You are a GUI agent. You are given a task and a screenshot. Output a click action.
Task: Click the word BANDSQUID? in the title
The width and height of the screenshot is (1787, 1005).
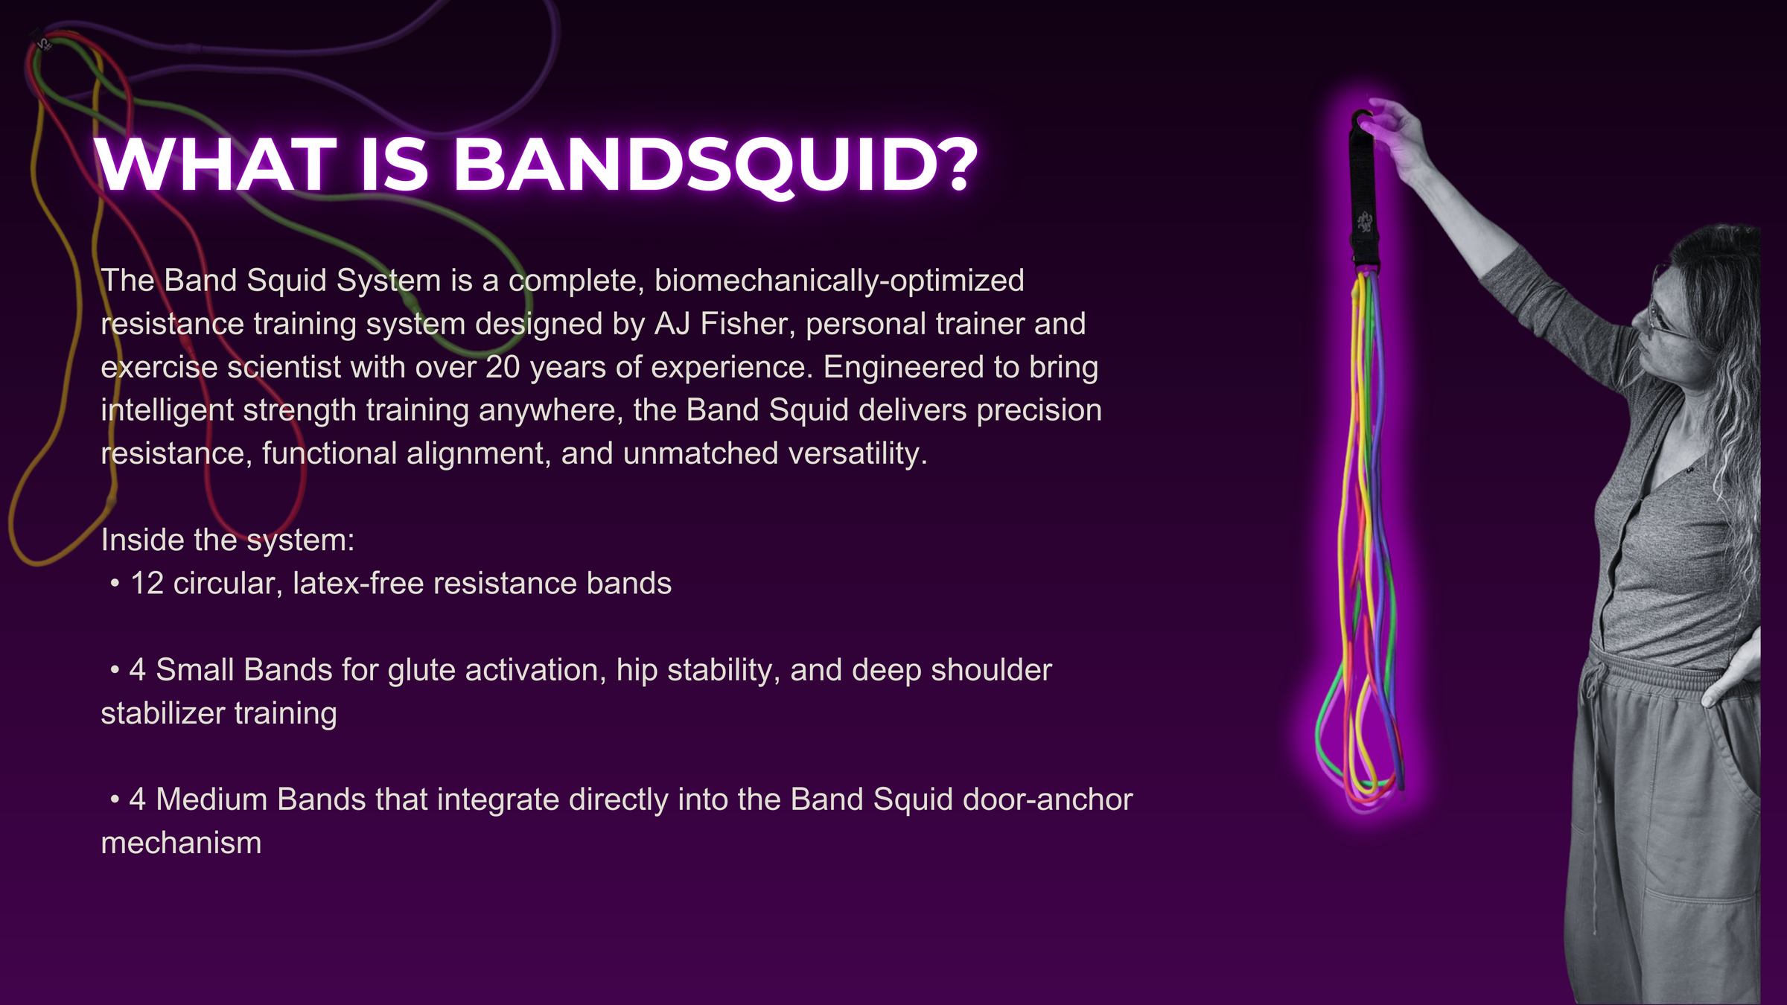tap(715, 166)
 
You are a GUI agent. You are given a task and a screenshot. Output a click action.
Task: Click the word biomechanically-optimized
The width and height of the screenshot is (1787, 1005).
tap(839, 281)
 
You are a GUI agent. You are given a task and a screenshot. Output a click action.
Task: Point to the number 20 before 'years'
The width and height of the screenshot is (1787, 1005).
tap(503, 367)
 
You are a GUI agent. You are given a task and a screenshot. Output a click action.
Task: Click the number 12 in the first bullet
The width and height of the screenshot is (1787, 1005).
tap(147, 584)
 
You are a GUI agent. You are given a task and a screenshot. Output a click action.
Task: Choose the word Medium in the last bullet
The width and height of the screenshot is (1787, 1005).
tap(211, 800)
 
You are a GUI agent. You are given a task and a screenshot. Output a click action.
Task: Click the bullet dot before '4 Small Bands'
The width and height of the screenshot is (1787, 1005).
tap(115, 671)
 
